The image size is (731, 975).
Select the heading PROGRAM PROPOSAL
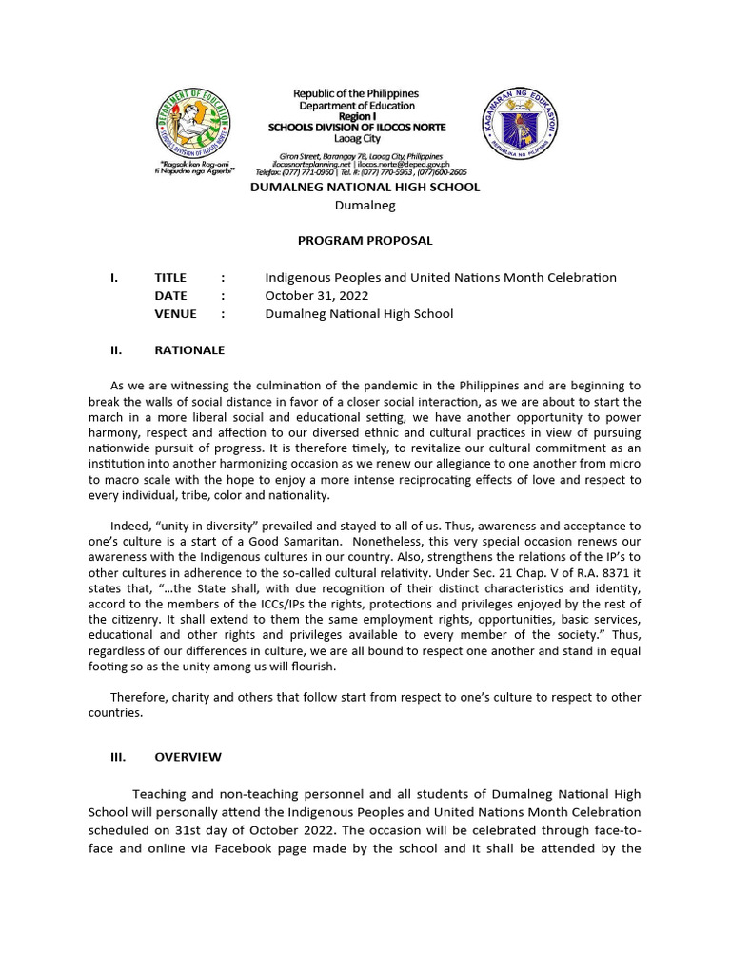[365, 240]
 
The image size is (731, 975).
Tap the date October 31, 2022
[317, 295]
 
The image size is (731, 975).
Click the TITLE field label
[172, 277]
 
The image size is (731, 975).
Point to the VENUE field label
[175, 313]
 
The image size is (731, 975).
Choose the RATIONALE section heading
[189, 349]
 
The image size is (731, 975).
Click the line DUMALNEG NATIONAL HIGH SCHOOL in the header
[365, 188]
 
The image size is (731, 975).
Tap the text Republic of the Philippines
[355, 93]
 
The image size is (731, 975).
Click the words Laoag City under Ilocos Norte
[355, 138]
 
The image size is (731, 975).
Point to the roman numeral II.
[116, 349]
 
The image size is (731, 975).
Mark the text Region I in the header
[355, 115]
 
